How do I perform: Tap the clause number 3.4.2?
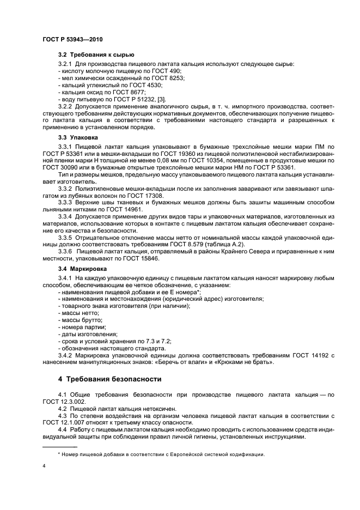(x=67, y=355)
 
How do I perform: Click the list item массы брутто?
(x=81, y=320)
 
